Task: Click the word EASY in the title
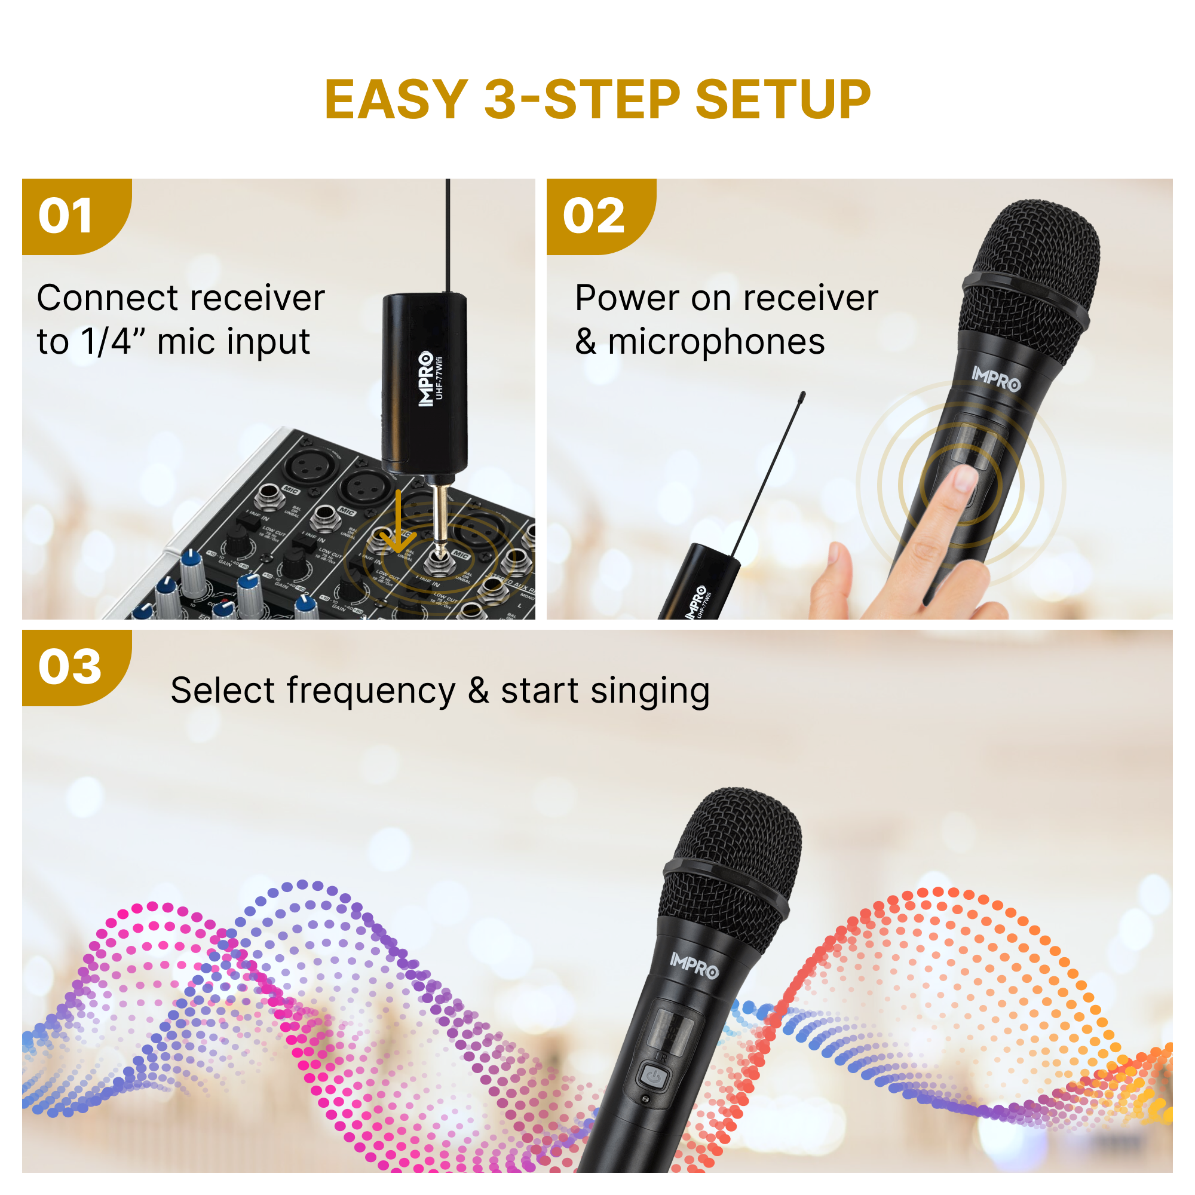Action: tap(396, 100)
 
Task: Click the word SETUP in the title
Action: tap(783, 100)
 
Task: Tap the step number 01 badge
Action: tap(66, 216)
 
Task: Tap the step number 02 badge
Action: tap(593, 216)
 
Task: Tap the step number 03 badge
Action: tap(69, 667)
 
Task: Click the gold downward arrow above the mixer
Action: tap(398, 526)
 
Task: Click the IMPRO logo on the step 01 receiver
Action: tap(425, 379)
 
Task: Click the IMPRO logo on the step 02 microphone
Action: tap(996, 378)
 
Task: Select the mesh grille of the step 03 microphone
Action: tap(736, 854)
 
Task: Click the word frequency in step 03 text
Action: tap(370, 691)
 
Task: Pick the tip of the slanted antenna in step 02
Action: tap(802, 393)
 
